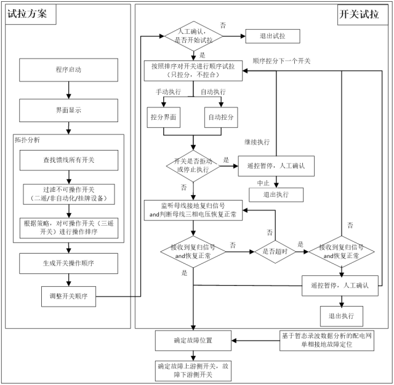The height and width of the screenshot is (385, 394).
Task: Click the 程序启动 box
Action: (68, 70)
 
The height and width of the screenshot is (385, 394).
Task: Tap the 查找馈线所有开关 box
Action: (68, 160)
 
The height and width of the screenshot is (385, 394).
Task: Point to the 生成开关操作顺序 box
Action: (68, 263)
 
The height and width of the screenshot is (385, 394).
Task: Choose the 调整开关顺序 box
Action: (68, 296)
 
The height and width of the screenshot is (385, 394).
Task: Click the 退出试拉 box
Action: (272, 36)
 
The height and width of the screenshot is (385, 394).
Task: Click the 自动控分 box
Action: (222, 116)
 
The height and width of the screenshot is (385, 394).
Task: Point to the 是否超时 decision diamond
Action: (275, 251)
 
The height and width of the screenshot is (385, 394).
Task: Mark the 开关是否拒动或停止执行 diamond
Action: (192, 164)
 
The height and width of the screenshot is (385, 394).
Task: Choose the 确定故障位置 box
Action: (193, 339)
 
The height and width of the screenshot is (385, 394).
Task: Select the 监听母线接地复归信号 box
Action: (193, 210)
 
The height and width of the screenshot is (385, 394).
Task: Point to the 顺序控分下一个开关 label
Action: (281, 61)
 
